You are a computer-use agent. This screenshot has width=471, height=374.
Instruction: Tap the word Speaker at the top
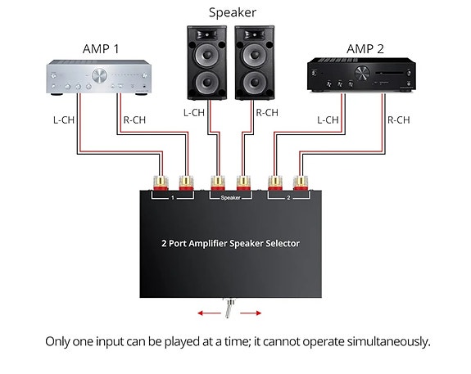point(233,12)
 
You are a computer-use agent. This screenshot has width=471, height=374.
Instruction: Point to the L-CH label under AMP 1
point(64,119)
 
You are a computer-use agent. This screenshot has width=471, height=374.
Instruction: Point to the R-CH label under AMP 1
point(134,119)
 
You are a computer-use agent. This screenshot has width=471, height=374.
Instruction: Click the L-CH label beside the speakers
point(193,114)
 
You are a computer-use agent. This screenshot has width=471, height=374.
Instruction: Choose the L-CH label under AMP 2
point(328,119)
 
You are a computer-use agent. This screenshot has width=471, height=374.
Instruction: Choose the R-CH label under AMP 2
point(398,119)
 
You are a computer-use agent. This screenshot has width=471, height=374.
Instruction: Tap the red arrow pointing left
point(206,311)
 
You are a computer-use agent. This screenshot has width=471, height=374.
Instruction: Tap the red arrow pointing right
point(252,311)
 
